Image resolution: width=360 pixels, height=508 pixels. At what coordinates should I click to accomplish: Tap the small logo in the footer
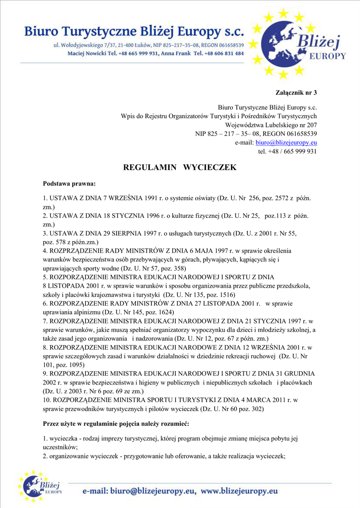[x=40, y=486]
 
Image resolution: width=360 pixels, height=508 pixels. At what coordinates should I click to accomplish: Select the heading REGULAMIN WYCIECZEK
[x=180, y=168]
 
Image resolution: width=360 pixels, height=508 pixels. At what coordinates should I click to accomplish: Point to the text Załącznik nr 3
[x=296, y=92]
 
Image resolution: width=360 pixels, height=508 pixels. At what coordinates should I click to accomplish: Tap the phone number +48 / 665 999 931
[x=293, y=152]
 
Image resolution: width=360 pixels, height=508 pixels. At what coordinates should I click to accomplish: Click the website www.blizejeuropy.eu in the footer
[x=239, y=491]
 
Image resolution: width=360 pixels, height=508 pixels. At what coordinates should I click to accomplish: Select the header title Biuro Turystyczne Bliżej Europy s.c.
[x=134, y=32]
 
